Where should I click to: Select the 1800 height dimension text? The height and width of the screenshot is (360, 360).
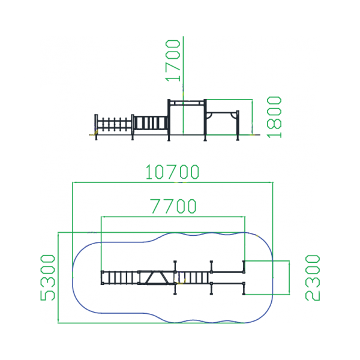(274, 117)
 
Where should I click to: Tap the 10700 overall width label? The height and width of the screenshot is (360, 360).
(172, 172)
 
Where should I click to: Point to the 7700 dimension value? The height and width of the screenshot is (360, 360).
(173, 206)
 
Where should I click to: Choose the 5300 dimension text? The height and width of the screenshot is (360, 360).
(48, 278)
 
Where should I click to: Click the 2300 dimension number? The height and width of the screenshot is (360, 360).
(312, 278)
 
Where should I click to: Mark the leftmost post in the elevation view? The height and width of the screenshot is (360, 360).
(96, 127)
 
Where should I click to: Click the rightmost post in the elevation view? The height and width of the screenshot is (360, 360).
(238, 125)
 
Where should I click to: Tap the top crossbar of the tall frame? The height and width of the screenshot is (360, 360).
(187, 101)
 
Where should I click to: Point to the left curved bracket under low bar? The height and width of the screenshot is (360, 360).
(209, 116)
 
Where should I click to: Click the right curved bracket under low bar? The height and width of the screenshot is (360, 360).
(234, 115)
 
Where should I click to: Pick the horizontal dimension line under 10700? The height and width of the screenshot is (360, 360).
(173, 182)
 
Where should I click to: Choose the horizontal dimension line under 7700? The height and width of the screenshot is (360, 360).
(173, 217)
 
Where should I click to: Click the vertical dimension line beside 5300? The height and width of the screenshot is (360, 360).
(58, 278)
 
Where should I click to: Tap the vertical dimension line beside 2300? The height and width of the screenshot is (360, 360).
(289, 278)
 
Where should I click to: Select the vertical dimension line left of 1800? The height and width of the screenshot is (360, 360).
(252, 117)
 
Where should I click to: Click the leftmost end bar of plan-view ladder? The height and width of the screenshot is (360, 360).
(103, 278)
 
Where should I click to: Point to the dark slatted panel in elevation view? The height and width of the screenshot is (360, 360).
(151, 123)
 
